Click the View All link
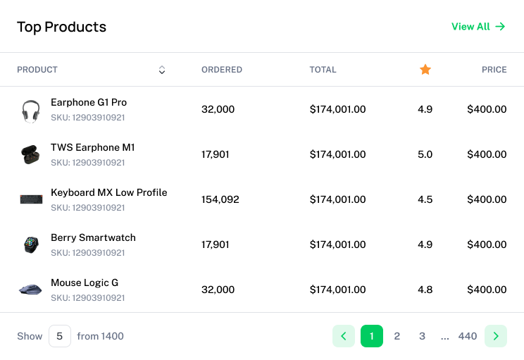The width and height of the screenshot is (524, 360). click(x=478, y=27)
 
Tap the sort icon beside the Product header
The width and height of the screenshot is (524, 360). click(x=162, y=70)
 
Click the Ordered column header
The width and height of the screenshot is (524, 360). click(x=222, y=70)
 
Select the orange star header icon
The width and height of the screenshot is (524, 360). click(x=425, y=70)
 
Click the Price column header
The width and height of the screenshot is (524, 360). click(x=494, y=70)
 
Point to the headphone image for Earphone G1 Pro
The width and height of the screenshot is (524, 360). click(x=30, y=110)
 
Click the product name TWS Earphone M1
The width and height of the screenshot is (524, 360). click(x=92, y=147)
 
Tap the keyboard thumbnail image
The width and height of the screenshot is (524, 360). click(x=31, y=199)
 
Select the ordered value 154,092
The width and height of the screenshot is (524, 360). click(x=220, y=199)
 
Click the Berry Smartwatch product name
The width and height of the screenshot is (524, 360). click(x=93, y=237)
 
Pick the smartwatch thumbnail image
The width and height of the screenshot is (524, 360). click(x=31, y=244)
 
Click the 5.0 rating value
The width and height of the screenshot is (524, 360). click(x=425, y=154)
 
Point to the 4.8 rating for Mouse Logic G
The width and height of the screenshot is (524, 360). click(x=425, y=290)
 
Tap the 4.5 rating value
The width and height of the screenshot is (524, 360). click(x=425, y=199)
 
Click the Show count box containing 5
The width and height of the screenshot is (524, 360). click(x=59, y=336)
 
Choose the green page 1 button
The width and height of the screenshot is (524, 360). click(x=372, y=336)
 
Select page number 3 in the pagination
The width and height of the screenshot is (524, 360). click(x=422, y=336)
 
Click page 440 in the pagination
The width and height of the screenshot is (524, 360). click(x=468, y=336)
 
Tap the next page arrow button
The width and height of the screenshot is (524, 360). click(x=496, y=336)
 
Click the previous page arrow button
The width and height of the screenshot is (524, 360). click(x=344, y=336)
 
